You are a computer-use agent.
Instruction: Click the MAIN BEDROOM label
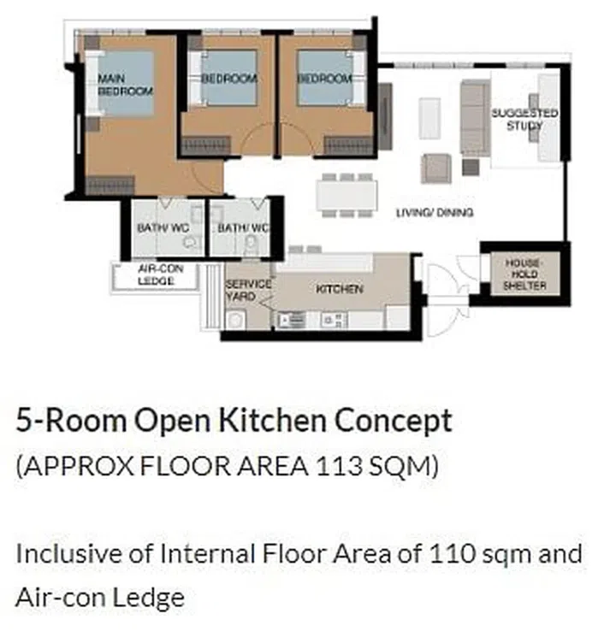(x=113, y=85)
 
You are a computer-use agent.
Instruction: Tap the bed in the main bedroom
(x=124, y=84)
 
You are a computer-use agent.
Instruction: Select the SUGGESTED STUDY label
(x=524, y=119)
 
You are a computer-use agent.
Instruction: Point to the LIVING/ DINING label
(x=434, y=212)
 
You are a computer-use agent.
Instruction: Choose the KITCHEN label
(x=339, y=289)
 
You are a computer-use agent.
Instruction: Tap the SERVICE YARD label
(x=248, y=290)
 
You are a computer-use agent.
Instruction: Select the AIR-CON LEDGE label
(x=156, y=274)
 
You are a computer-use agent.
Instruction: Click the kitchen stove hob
(x=334, y=320)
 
